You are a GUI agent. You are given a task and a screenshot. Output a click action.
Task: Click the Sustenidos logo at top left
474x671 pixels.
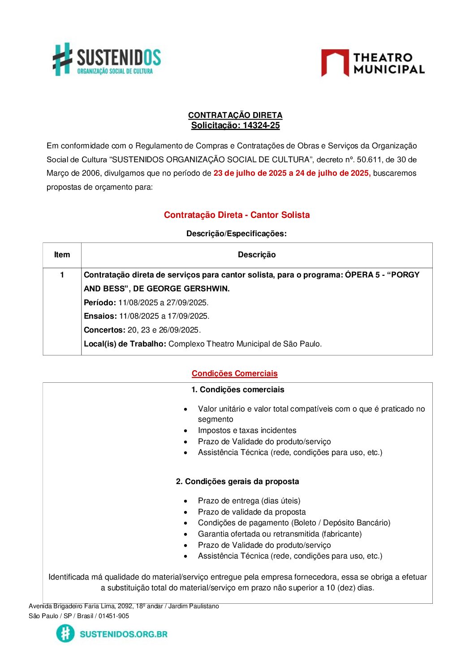[107, 59]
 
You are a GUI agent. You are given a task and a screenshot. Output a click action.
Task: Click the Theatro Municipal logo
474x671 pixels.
[373, 63]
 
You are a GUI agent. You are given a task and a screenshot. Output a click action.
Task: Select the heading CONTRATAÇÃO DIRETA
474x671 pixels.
[235, 115]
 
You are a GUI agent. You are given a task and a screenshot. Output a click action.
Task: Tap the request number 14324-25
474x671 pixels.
[261, 126]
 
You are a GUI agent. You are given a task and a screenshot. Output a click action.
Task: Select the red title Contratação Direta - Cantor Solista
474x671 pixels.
[237, 215]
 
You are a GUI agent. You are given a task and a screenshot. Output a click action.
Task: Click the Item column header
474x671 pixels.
[62, 255]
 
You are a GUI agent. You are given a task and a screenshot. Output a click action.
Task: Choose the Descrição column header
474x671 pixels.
[257, 255]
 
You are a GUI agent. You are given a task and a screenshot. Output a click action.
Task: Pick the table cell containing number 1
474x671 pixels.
[62, 275]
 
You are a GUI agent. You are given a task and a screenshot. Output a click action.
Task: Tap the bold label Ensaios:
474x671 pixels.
[100, 316]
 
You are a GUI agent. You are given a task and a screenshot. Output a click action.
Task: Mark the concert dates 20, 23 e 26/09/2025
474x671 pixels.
[164, 330]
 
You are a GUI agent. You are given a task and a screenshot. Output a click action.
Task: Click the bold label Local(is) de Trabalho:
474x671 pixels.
[125, 344]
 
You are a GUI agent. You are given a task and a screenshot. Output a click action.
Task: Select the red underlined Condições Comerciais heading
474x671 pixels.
[234, 373]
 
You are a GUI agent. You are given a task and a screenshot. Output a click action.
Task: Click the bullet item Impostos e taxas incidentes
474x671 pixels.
[247, 430]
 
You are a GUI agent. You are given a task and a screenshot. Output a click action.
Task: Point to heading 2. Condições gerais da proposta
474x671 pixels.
[237, 481]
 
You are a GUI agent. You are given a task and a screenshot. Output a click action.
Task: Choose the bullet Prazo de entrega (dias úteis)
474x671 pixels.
[249, 501]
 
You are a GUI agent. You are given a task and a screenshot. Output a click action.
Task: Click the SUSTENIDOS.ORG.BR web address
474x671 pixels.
[123, 634]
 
